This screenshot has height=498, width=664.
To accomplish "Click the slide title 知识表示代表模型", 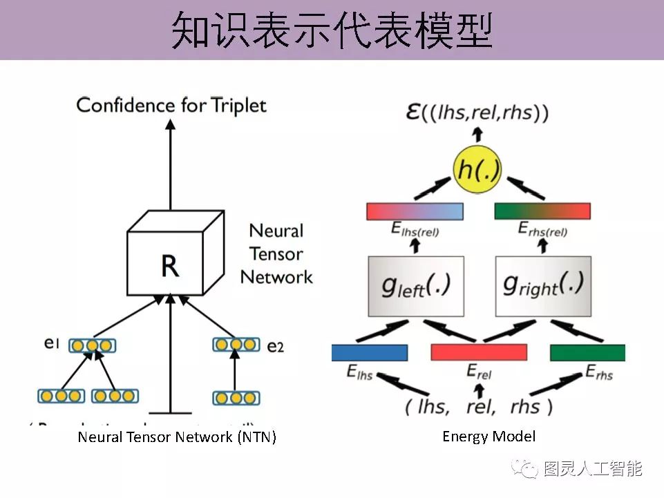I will (332, 30).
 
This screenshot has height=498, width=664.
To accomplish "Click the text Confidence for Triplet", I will (171, 105).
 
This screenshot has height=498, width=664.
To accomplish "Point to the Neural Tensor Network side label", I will (276, 253).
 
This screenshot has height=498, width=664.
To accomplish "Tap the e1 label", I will (53, 343).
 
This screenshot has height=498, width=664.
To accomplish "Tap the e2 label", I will (275, 346).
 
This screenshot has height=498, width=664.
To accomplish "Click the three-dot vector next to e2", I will (236, 344).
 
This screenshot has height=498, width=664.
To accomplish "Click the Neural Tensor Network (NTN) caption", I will (177, 437).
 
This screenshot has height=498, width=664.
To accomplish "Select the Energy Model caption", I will (488, 436).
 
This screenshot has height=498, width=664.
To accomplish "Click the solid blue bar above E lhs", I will (370, 352).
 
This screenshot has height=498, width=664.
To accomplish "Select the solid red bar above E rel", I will (479, 352).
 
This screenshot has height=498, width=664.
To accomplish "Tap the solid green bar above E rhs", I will (587, 352).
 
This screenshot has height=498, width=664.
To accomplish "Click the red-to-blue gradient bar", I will (415, 211).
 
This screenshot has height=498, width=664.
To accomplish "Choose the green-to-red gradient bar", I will (542, 211).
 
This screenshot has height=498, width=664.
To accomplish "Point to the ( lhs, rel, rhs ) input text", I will (479, 405).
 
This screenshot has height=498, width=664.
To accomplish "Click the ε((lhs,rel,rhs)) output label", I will (477, 113).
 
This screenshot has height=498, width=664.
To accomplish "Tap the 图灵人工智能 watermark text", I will (593, 469).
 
